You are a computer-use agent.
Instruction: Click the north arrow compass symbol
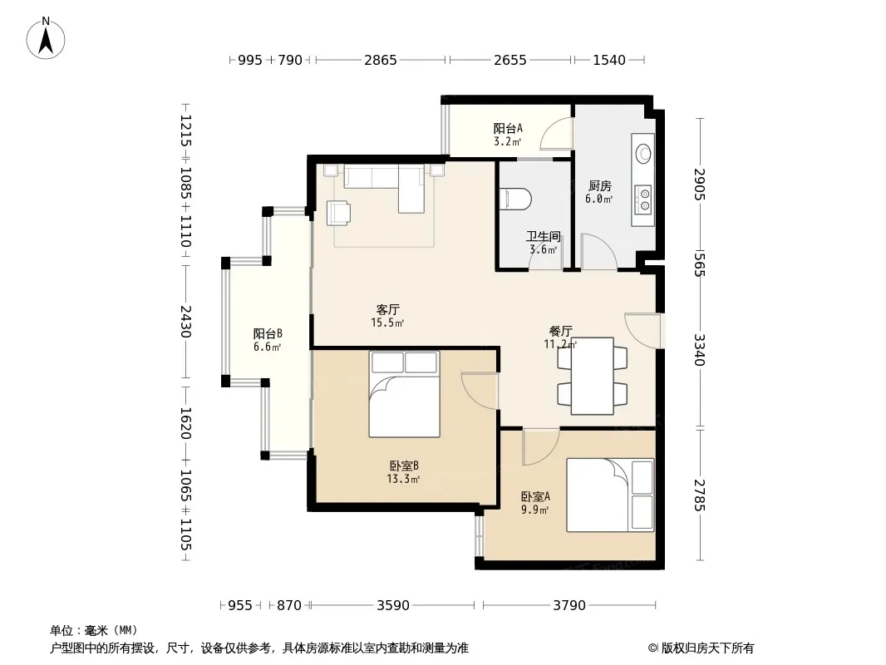coord(46,38)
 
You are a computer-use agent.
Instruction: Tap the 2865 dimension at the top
coord(381,60)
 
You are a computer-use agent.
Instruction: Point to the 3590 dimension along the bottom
coord(392,606)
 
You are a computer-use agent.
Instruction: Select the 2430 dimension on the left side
coord(185,322)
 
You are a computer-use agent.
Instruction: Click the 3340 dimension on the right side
coord(700,350)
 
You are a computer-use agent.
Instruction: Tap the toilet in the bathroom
coord(515,199)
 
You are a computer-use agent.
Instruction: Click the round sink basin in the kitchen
coord(643,153)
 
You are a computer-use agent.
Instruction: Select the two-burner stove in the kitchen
coord(643,200)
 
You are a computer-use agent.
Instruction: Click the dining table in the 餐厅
coord(592,377)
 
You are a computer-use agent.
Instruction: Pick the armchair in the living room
coord(338,213)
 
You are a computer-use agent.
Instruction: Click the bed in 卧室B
coord(404,394)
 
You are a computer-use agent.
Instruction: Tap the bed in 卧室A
coord(610,495)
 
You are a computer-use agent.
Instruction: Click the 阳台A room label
coord(508,128)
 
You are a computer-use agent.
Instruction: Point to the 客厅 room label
coord(387,309)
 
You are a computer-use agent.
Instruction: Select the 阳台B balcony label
coord(268,334)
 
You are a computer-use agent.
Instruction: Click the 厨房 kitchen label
coord(599,186)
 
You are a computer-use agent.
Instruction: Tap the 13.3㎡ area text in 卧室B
coord(403,480)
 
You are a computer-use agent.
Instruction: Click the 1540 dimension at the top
coord(609,60)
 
